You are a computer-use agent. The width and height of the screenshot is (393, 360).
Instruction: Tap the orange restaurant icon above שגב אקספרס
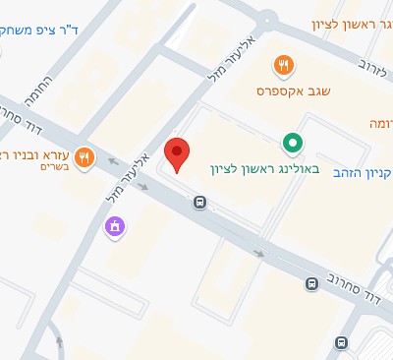pyautogui.click(x=283, y=65)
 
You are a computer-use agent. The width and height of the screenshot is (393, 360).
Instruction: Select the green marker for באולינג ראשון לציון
pyautogui.click(x=292, y=144)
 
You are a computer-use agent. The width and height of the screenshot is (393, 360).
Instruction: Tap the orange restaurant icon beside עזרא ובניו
pyautogui.click(x=85, y=156)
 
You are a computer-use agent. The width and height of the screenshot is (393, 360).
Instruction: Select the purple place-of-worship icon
pyautogui.click(x=116, y=228)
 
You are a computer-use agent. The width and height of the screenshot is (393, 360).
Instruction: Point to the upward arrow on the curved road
pyautogui.click(x=58, y=342)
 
